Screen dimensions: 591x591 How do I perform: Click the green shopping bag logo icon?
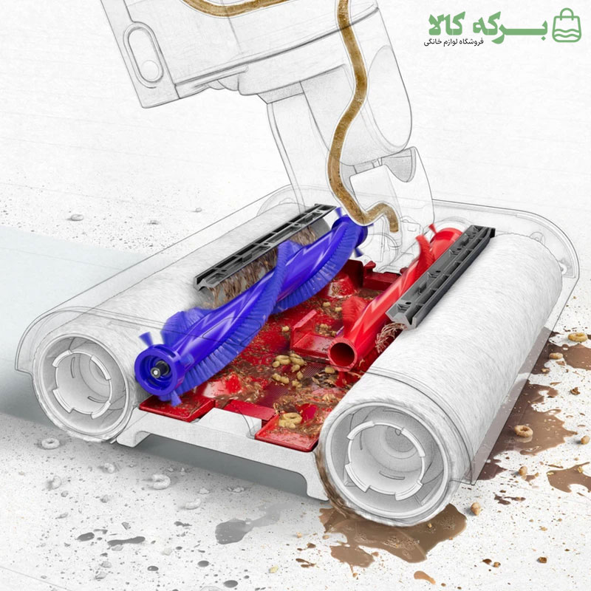[x=566, y=26]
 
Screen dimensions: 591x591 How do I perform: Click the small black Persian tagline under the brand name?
[x=453, y=41]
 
